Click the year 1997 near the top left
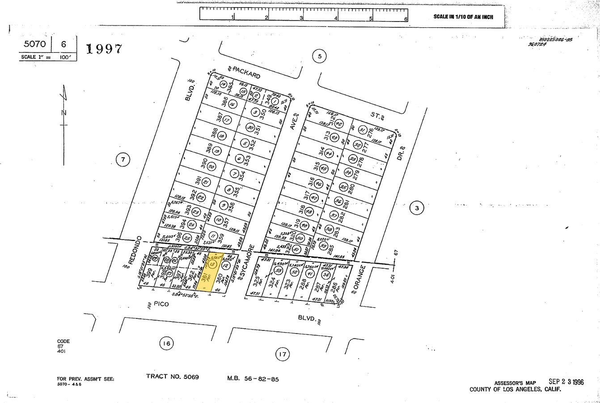pos(103,49)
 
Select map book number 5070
pos(35,44)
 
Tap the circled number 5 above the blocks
pos(319,56)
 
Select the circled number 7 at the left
pos(123,159)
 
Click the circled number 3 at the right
pos(416,208)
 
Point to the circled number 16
pos(166,344)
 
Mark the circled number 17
pos(282,355)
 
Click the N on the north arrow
pos(64,112)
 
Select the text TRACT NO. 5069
pos(172,377)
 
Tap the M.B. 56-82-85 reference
pos(253,379)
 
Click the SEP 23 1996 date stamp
pos(566,382)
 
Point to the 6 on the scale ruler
pos(406,19)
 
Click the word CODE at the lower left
pos(63,341)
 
